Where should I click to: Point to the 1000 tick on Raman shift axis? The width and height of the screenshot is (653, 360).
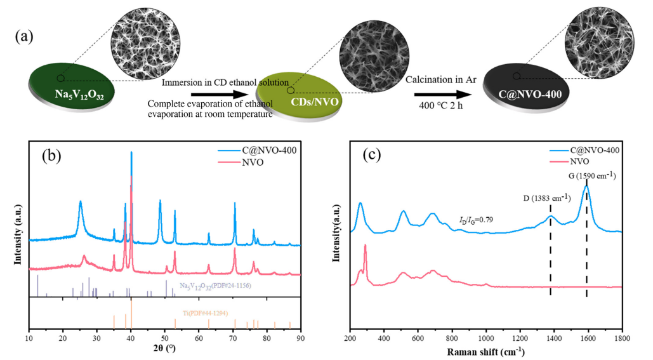[486, 337]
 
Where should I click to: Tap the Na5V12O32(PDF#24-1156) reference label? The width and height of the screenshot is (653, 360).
[214, 286]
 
